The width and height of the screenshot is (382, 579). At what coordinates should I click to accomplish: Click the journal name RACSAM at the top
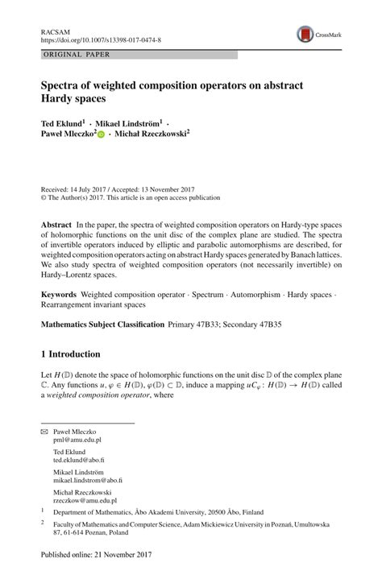click(x=55, y=29)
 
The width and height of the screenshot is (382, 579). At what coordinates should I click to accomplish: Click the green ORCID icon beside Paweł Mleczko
click(x=102, y=135)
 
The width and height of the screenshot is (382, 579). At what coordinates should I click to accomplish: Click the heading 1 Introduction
click(x=71, y=354)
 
